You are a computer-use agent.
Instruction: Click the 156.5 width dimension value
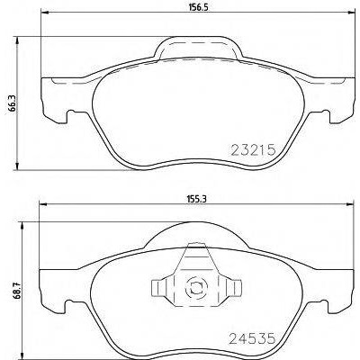pos(198,7)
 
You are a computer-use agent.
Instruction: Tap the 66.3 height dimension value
pos(12,104)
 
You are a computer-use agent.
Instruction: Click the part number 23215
pos(253,149)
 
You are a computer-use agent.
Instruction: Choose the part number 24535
pos(252,338)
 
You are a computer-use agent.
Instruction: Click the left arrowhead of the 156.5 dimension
pos(44,13)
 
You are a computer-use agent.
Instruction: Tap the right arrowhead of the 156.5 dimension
pos(352,13)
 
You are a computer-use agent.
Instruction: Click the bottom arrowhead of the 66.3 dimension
pos(17,166)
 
